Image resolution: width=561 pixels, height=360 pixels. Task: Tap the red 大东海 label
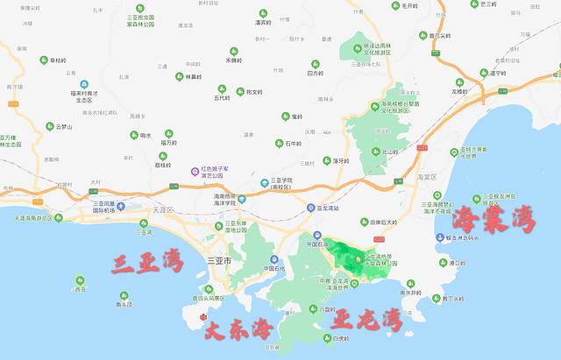tap(238, 330)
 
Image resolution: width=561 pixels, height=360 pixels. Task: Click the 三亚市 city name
tap(217, 261)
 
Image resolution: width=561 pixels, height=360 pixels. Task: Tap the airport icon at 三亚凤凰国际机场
tap(121, 205)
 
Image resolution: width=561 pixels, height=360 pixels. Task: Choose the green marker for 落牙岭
tap(326, 161)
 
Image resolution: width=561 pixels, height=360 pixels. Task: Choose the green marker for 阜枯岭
tap(44, 60)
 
